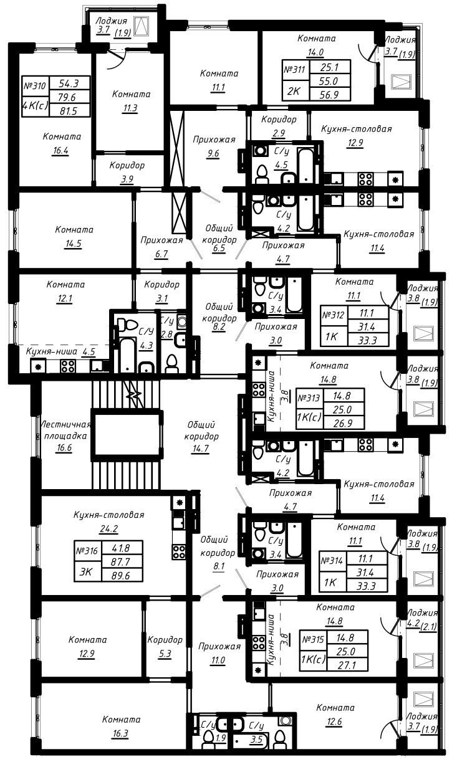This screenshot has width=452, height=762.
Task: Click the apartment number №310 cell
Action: pos(36,86)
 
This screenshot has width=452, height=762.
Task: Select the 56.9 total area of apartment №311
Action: pos(329,94)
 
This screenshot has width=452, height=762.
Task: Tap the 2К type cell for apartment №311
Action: pos(296,92)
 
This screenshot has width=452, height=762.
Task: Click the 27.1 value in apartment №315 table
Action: pos(347,665)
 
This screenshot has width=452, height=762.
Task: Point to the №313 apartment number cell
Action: pos(309,398)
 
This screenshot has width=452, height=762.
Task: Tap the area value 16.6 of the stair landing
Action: pos(64,447)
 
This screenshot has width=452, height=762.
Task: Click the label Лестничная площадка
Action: pos(65,430)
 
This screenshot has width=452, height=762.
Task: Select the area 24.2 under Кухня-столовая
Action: pos(109,528)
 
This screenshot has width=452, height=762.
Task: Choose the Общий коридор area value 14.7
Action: pos(201,449)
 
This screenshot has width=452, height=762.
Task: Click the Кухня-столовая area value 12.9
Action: pos(356,143)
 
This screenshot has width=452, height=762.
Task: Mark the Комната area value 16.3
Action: pos(121,733)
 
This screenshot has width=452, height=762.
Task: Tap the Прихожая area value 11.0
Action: pos(218,660)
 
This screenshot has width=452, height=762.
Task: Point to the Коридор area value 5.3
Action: pos(165,654)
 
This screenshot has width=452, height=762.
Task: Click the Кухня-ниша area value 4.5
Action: pos(89,351)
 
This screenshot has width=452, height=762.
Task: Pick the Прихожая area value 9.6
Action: pos(213,153)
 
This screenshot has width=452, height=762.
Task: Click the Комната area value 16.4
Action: pos(60,150)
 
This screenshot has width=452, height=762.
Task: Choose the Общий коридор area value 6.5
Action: pos(219,248)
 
